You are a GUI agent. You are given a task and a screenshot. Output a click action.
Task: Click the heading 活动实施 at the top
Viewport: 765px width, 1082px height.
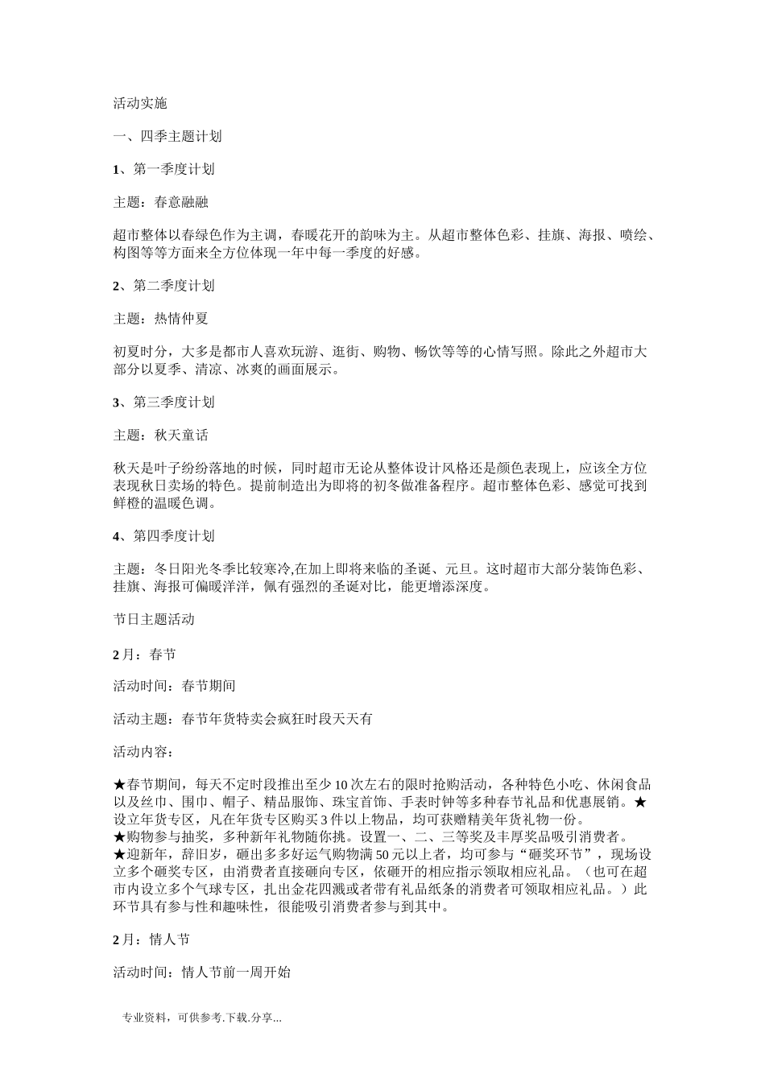[140, 103]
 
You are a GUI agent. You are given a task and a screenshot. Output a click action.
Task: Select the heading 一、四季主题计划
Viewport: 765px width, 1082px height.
[167, 136]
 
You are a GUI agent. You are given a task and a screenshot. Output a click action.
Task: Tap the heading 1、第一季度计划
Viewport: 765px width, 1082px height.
[163, 169]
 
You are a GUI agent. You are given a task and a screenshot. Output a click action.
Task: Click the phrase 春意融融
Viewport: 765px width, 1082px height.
[181, 202]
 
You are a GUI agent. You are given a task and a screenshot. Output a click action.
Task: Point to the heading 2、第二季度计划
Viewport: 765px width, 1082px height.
[163, 286]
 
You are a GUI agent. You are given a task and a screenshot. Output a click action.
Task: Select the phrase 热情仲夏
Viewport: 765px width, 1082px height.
[181, 319]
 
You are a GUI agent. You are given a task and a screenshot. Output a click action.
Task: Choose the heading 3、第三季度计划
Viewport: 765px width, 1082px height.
[163, 403]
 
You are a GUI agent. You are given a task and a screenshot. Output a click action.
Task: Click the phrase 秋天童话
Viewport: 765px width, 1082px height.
[181, 436]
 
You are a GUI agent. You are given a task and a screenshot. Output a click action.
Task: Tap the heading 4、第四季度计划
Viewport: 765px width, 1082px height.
[163, 536]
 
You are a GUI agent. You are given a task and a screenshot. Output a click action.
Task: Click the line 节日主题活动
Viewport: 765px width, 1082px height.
[154, 620]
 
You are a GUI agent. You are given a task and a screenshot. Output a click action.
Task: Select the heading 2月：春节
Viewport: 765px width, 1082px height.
[144, 654]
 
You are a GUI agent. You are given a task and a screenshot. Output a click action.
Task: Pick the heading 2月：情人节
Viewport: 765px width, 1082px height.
[151, 940]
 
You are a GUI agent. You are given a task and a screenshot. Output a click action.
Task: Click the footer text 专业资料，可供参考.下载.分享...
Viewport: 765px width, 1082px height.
[201, 1019]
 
